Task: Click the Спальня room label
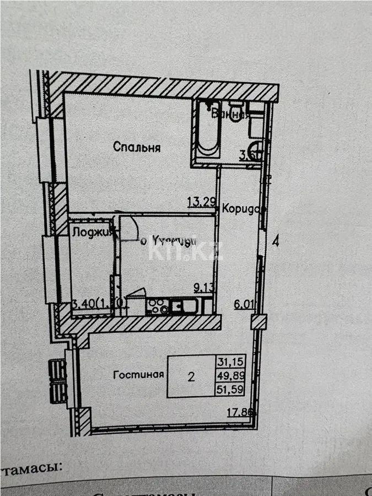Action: [137, 147]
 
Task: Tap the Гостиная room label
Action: [139, 375]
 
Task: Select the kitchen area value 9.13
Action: [203, 287]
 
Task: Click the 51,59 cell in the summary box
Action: [231, 391]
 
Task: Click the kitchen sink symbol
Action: [185, 306]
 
